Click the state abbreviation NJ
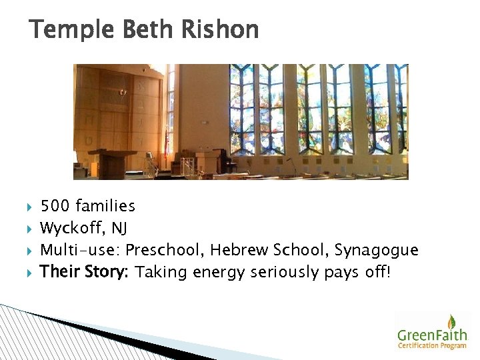(x=119, y=229)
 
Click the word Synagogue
(x=377, y=250)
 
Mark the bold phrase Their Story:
(x=85, y=272)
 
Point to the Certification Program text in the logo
(x=432, y=345)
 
